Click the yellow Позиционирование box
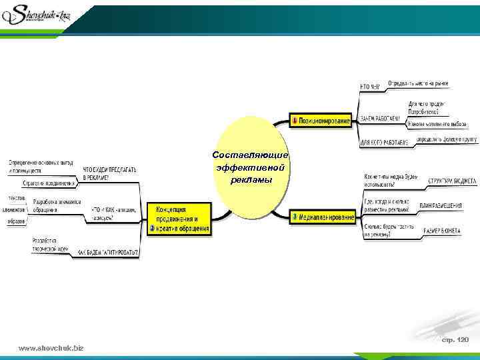click(x=321, y=121)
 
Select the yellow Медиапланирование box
click(x=323, y=217)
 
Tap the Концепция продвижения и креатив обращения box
click(x=179, y=217)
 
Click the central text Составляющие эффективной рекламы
click(x=250, y=167)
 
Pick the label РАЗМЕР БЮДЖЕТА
click(x=442, y=230)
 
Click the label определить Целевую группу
click(x=446, y=139)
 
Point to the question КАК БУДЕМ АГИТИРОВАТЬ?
click(x=109, y=253)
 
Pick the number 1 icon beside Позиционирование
click(x=294, y=121)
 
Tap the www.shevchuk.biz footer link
click(x=51, y=348)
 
